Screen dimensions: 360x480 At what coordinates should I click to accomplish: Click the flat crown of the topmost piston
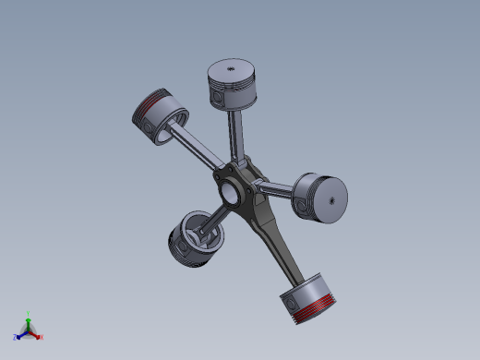pos(231,68)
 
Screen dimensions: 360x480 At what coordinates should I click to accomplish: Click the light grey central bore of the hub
pos(228,192)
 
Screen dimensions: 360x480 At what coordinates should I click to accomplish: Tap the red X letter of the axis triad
pos(42,337)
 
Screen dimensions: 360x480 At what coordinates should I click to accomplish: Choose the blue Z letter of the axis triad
pos(16,337)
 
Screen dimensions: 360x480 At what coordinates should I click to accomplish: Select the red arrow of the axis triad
pos(35,333)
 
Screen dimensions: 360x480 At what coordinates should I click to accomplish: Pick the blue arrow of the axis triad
pos(22,333)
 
